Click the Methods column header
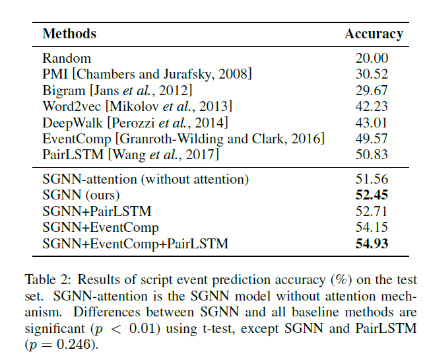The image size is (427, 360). tap(69, 34)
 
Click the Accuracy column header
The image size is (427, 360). tap(374, 34)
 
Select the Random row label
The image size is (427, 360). tap(67, 58)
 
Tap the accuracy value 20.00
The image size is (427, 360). tap(372, 58)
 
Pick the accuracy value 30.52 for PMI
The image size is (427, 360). tap(372, 75)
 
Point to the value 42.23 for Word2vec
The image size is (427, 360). tap(372, 106)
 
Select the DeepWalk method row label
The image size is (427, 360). tap(135, 122)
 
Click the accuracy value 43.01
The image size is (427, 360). tap(372, 122)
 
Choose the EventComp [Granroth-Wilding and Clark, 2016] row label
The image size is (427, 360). tap(183, 139)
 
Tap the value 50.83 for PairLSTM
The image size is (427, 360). tap(372, 155)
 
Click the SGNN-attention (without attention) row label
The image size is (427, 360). tap(146, 179)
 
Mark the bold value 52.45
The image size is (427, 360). tap(372, 196)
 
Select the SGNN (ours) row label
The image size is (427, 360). tap(81, 196)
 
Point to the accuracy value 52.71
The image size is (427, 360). tap(372, 211)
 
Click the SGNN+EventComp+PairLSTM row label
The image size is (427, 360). tap(135, 244)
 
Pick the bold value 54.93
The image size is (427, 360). tap(372, 244)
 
